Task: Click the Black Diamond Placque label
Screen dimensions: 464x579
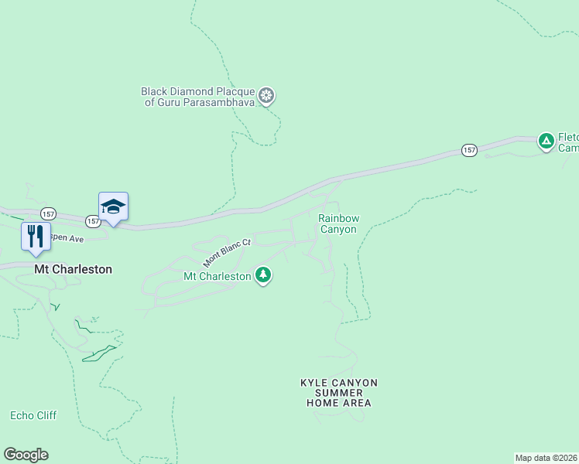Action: pyautogui.click(x=200, y=91)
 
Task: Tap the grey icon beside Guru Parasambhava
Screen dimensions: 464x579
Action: pyautogui.click(x=266, y=96)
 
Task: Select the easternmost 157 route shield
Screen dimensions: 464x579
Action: pyautogui.click(x=469, y=150)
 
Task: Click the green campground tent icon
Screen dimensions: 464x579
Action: pyautogui.click(x=546, y=141)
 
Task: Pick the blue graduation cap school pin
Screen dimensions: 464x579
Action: pyautogui.click(x=113, y=206)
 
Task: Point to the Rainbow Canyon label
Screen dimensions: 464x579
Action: pyautogui.click(x=338, y=224)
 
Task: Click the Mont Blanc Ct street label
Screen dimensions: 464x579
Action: pyautogui.click(x=228, y=252)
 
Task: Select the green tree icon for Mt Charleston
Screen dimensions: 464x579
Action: pyautogui.click(x=263, y=275)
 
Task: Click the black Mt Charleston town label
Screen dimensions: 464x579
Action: pyautogui.click(x=74, y=270)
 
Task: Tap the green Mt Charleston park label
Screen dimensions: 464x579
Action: pyautogui.click(x=217, y=276)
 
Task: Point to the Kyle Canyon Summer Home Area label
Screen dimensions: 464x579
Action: pyautogui.click(x=339, y=393)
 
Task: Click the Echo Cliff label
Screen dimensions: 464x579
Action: pyautogui.click(x=33, y=415)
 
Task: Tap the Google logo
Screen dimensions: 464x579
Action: pyautogui.click(x=26, y=455)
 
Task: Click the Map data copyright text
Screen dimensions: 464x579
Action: pyautogui.click(x=546, y=457)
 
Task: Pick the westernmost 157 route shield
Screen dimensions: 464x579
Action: pyautogui.click(x=49, y=213)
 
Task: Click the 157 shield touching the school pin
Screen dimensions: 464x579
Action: pyautogui.click(x=94, y=221)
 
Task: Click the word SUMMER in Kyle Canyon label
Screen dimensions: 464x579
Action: pyautogui.click(x=339, y=393)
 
